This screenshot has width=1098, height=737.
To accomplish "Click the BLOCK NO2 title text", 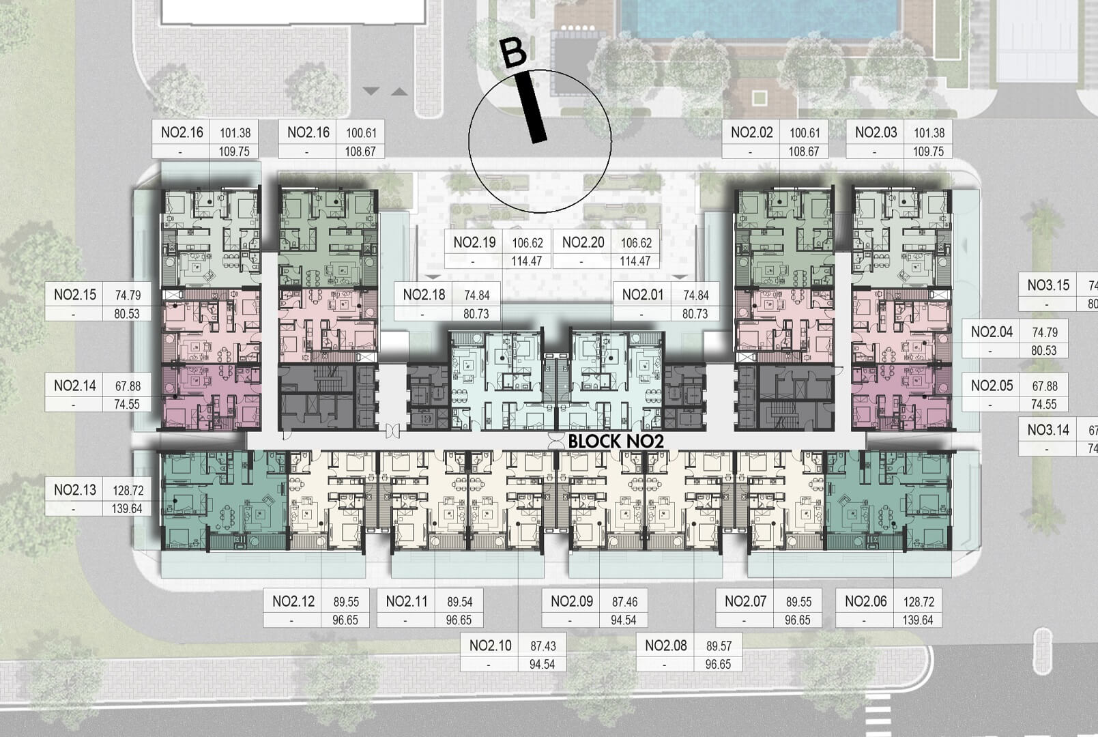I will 616,441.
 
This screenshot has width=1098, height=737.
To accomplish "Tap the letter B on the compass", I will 513,53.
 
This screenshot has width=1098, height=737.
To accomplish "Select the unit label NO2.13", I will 75,490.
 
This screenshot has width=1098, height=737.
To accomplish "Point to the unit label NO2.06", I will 865,601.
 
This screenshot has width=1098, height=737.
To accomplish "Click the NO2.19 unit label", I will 474,242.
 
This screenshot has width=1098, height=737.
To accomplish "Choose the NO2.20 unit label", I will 583,242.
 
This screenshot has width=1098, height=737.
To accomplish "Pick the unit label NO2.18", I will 424,295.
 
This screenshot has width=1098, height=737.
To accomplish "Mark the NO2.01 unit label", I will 643,295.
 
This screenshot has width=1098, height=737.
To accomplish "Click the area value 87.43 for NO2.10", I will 543,646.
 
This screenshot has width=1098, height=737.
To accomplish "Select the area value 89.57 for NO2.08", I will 718,646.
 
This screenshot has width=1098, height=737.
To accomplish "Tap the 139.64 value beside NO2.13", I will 127,508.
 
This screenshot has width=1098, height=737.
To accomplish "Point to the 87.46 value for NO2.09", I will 624,602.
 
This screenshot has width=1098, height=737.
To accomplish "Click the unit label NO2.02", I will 751,132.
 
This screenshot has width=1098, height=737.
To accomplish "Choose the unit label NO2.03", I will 876,132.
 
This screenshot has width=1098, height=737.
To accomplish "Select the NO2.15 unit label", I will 75,295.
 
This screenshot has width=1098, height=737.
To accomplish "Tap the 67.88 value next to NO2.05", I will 1045,386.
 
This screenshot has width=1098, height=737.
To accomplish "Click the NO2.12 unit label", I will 293,601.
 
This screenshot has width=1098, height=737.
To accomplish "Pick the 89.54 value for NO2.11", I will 459,602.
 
